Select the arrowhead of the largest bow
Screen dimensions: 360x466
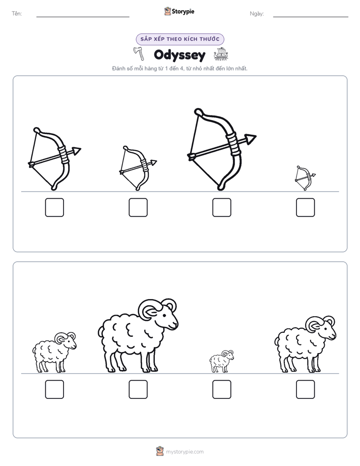(x=251, y=138)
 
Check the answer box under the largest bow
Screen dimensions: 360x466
(x=221, y=207)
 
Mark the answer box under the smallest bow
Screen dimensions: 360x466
(x=306, y=207)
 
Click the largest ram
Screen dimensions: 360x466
(x=138, y=336)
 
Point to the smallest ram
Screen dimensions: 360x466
(x=221, y=361)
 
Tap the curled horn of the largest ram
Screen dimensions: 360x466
(x=150, y=309)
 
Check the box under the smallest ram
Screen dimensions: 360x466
(x=221, y=389)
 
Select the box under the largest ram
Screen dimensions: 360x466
(x=138, y=389)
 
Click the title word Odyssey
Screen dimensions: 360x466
(x=179, y=55)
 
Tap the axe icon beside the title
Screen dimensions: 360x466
(x=139, y=53)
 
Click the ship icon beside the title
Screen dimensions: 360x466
(x=221, y=54)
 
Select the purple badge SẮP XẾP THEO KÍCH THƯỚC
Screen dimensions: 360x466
(x=180, y=39)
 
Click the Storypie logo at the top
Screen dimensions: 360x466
(x=179, y=11)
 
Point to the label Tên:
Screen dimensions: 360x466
(x=17, y=14)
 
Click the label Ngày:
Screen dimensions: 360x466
(x=257, y=14)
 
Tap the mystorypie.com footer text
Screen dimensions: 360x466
(x=185, y=452)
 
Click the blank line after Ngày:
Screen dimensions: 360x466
(x=311, y=17)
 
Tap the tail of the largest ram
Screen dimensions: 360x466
(x=100, y=330)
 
